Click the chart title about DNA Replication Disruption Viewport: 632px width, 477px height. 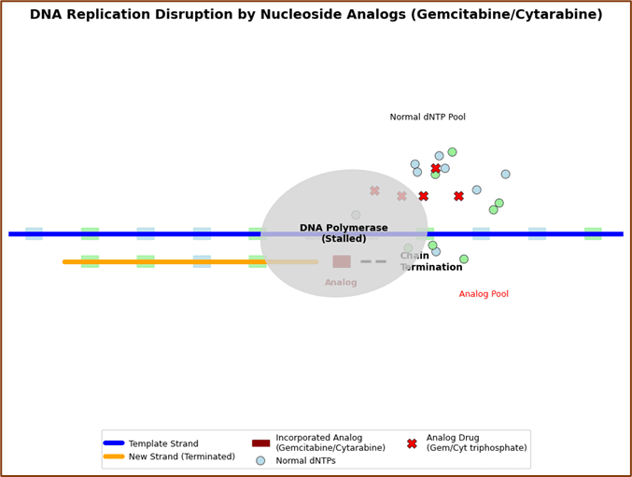[x=316, y=15]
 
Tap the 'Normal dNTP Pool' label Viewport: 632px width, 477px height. [x=428, y=117]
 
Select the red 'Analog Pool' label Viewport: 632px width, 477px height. [x=484, y=294]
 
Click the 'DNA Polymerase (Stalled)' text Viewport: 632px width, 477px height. [x=344, y=232]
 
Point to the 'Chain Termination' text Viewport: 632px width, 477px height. [x=431, y=261]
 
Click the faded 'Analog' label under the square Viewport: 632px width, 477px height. [x=341, y=282]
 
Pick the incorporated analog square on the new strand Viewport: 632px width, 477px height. [x=342, y=261]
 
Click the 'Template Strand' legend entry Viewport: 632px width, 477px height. [x=150, y=443]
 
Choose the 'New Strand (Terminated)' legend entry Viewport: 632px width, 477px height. [x=169, y=456]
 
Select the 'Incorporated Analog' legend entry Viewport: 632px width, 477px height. [x=318, y=442]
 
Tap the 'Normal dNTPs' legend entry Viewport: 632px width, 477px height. [x=296, y=460]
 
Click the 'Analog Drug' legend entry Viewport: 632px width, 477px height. [x=468, y=442]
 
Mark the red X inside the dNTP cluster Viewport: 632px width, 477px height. [x=435, y=168]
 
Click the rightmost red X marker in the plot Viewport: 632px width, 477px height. [x=458, y=196]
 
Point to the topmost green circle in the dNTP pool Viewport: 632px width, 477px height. [x=452, y=152]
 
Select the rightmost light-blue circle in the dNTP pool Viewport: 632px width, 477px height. [x=505, y=174]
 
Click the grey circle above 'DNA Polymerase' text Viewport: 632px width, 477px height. [x=356, y=215]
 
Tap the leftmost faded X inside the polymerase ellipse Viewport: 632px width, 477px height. [x=374, y=190]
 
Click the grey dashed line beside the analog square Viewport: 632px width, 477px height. [x=373, y=261]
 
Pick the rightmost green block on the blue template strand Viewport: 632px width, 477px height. [x=593, y=233]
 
